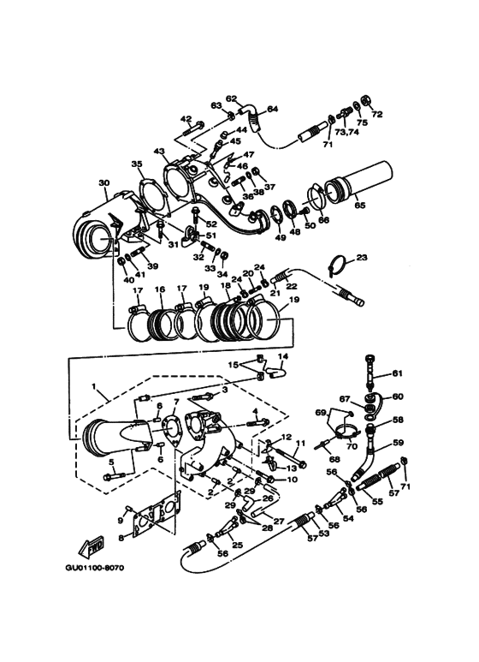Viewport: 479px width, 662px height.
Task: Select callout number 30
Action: (x=104, y=183)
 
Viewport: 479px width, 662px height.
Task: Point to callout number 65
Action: (x=359, y=206)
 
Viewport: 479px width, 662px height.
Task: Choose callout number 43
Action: (x=158, y=152)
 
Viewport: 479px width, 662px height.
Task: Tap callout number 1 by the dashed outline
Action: (x=93, y=387)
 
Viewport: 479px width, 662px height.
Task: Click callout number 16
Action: (x=159, y=290)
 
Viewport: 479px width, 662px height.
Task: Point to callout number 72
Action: (x=377, y=114)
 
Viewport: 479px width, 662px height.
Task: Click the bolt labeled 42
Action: (x=192, y=130)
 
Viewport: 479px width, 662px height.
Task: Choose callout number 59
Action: (x=397, y=443)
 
